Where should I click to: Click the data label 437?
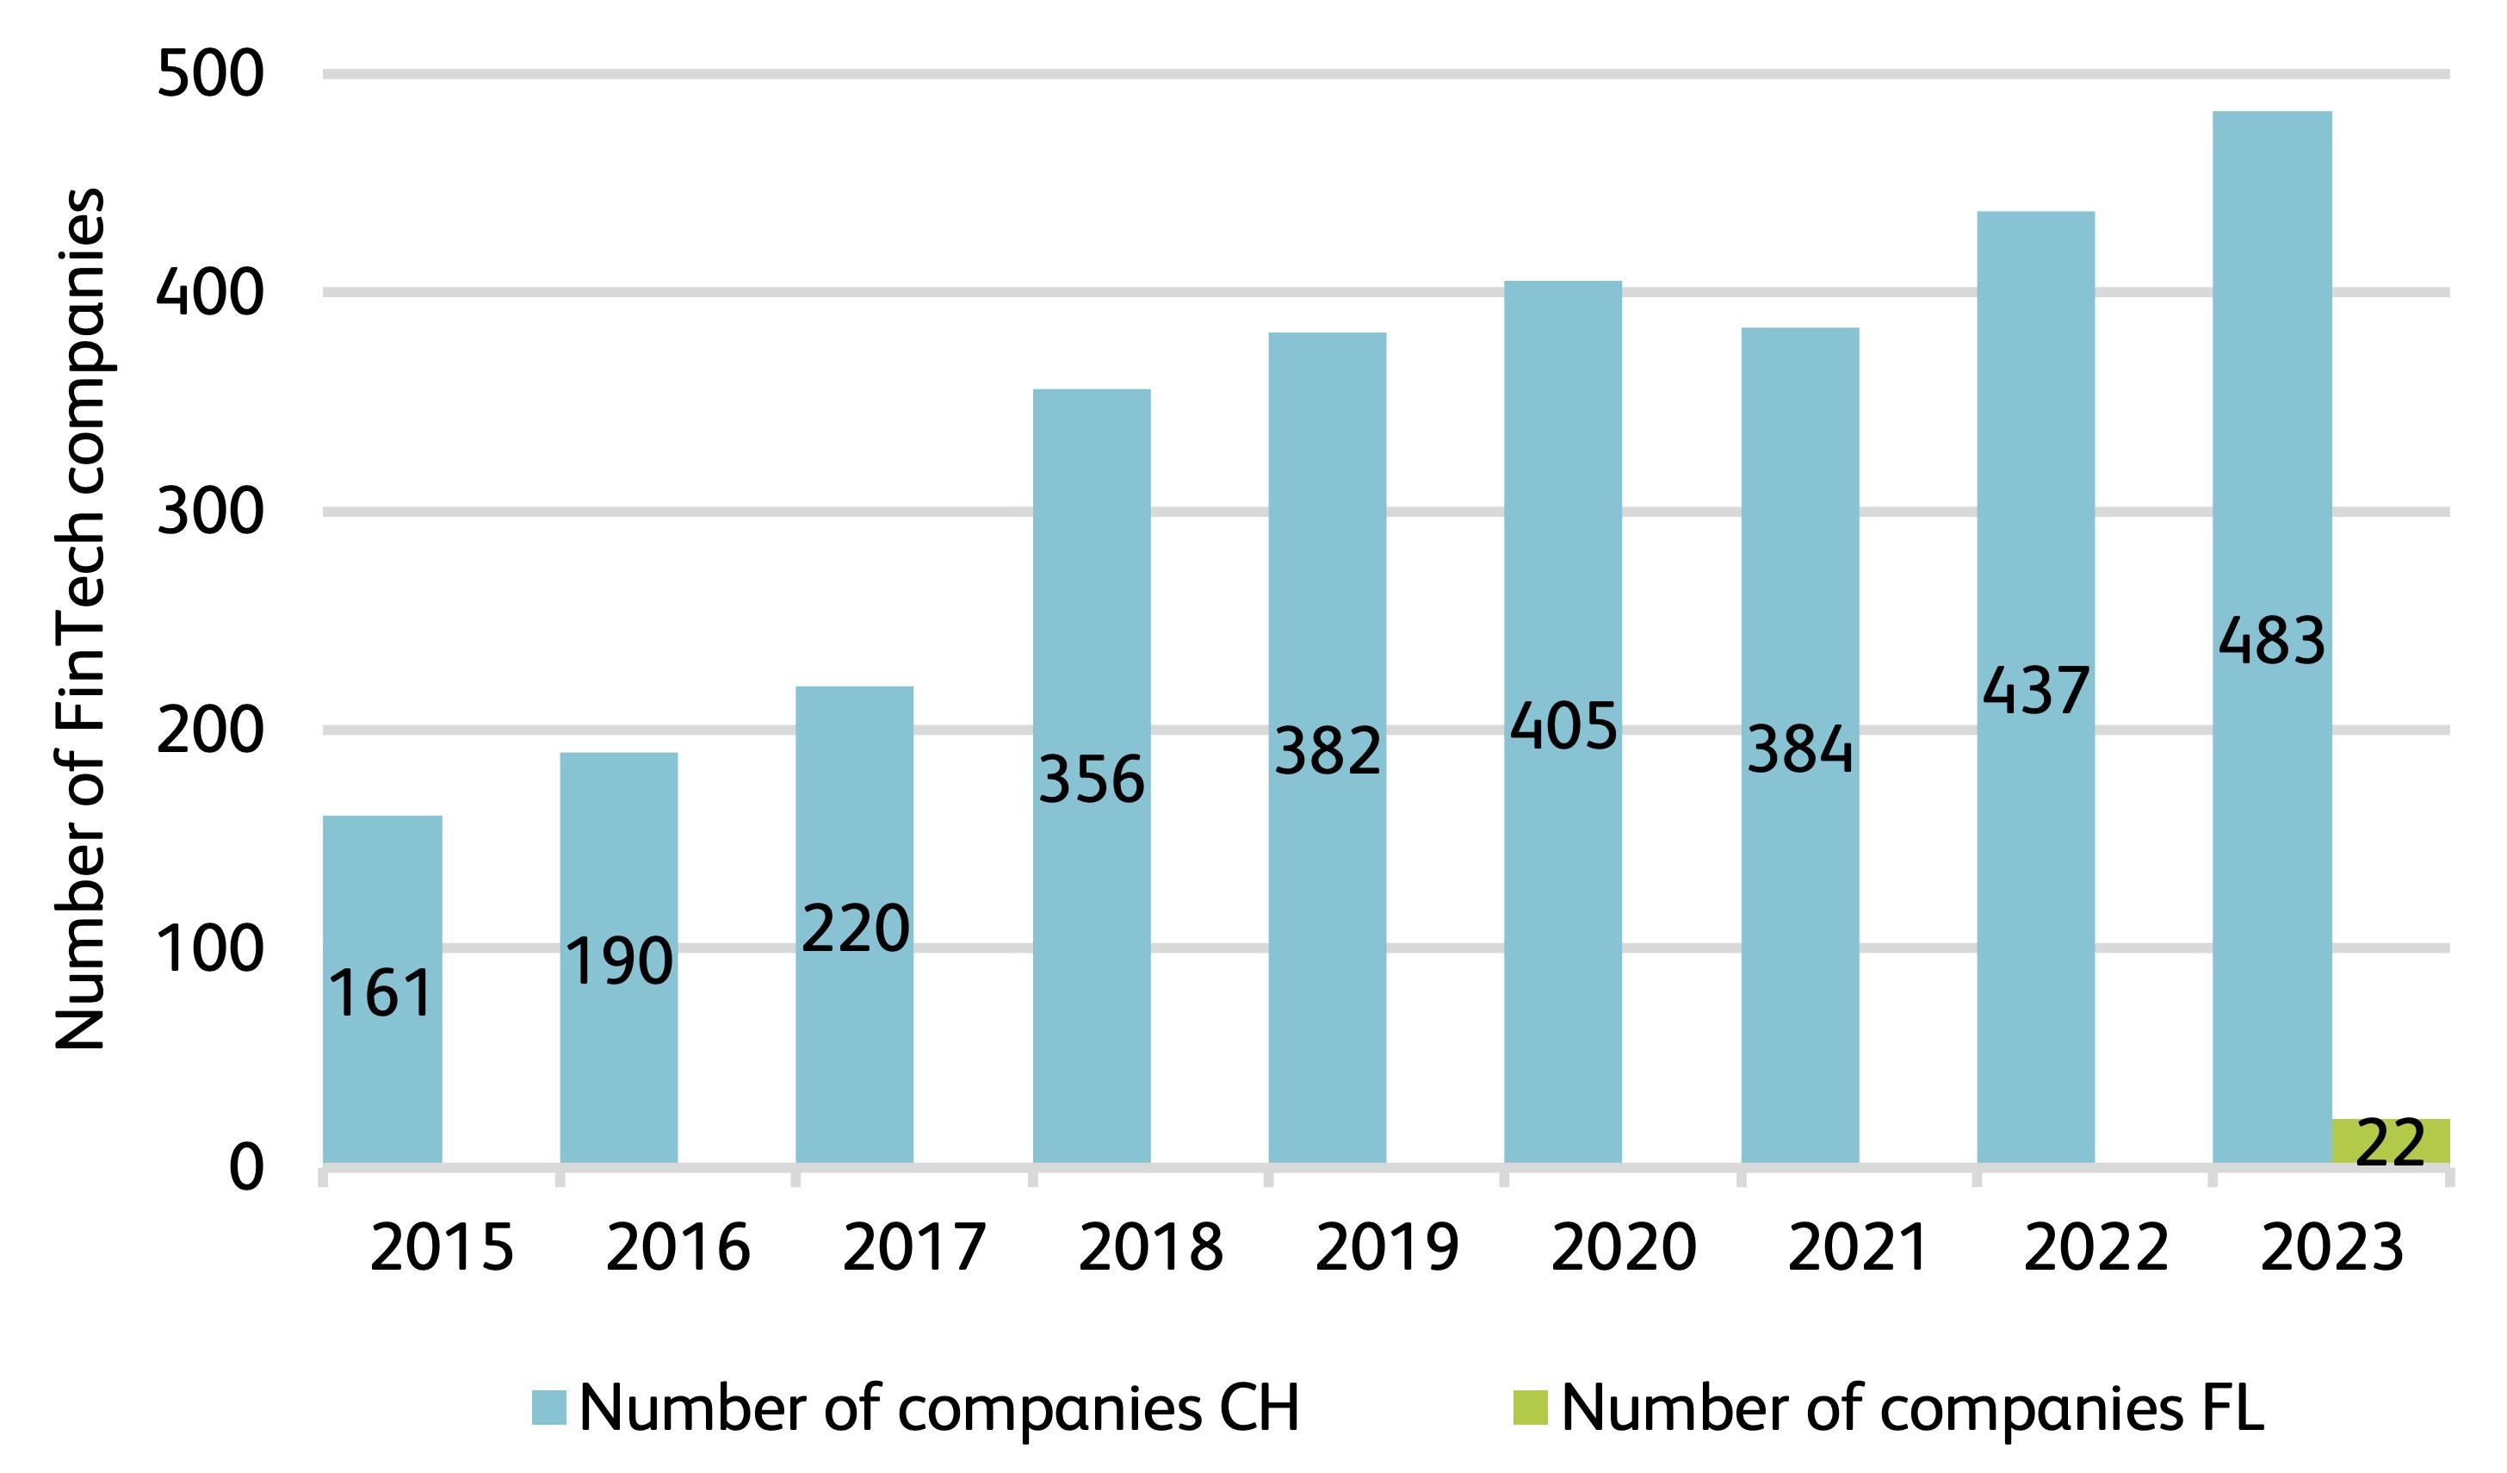[x=2035, y=691]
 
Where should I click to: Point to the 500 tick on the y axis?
[x=210, y=74]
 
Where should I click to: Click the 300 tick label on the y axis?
[x=210, y=512]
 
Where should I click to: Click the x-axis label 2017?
[x=913, y=1248]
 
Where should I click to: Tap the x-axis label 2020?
[x=1623, y=1248]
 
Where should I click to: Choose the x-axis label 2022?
[x=2095, y=1248]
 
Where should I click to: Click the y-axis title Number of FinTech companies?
[x=79, y=617]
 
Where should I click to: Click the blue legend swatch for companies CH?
[x=549, y=1408]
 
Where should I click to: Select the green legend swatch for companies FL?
[x=1530, y=1408]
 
